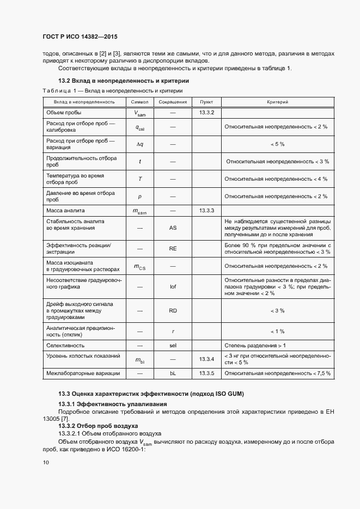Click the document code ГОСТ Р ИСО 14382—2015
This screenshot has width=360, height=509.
(80, 37)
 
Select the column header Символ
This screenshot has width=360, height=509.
(139, 102)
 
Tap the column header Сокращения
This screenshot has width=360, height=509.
(173, 102)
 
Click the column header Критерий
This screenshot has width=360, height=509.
(277, 102)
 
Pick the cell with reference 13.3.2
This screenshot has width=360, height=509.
(206, 113)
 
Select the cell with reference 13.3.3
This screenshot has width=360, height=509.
(206, 210)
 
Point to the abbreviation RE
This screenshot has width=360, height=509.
(173, 249)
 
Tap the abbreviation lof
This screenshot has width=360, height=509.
(173, 286)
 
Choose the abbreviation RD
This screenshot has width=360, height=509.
(173, 311)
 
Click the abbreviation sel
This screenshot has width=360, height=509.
(173, 346)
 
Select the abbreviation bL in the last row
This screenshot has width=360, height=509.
(173, 373)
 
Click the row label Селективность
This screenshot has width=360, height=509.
(65, 346)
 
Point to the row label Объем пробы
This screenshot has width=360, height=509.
(64, 113)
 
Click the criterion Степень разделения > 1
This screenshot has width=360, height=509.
(255, 346)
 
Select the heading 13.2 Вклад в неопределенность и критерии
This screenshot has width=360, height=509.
(112, 81)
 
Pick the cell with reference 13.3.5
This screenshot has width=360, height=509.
(206, 373)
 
